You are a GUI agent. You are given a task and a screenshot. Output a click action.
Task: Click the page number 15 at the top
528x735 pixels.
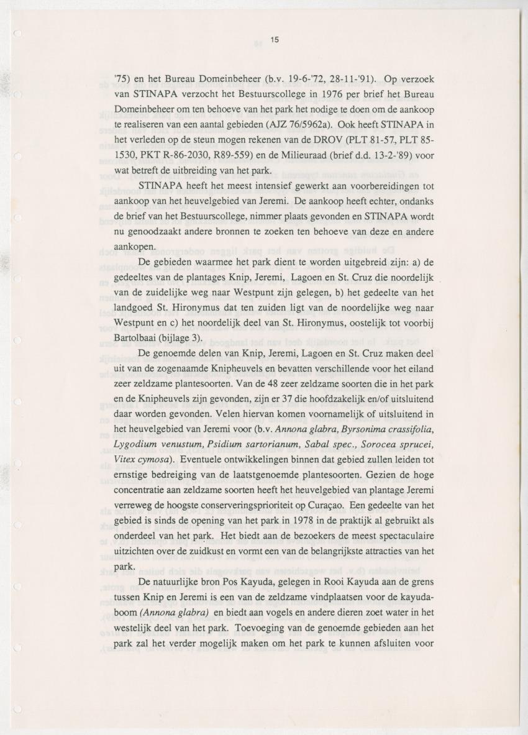274,40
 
